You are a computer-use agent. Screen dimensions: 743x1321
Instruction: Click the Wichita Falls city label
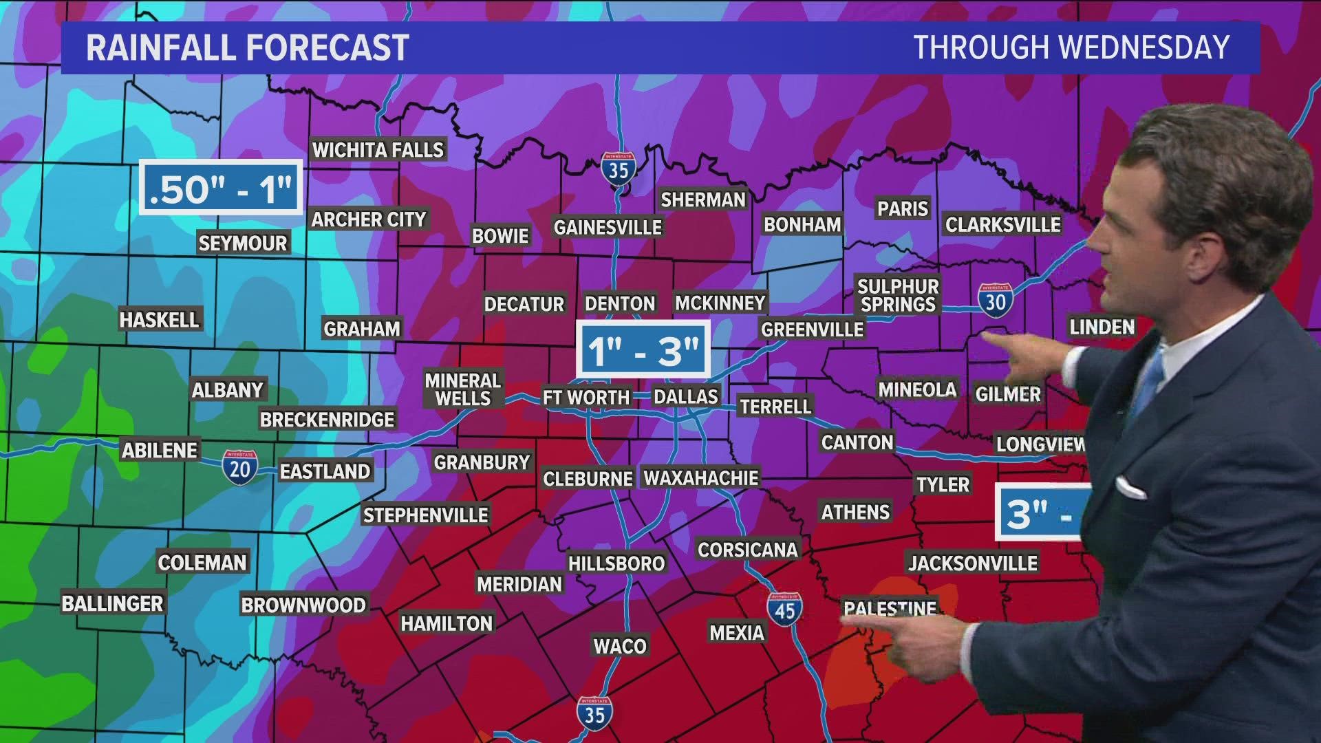coord(378,149)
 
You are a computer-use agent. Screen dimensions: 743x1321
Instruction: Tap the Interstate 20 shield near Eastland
coord(239,466)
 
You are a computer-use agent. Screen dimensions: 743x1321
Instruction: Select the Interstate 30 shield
coord(996,300)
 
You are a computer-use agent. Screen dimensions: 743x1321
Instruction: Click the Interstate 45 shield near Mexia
coord(785,608)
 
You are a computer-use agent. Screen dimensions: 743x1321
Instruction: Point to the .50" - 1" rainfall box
coord(221,187)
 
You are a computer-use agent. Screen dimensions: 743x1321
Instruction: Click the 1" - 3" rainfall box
coord(643,350)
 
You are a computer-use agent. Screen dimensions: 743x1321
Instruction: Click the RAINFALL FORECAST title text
coord(247,47)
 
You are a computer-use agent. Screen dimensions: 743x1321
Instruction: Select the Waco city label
coord(620,645)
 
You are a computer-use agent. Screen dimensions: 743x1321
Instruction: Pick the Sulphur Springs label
coord(898,295)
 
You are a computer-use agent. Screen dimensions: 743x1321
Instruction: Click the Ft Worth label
coord(586,397)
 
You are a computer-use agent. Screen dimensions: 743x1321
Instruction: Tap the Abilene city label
coord(160,451)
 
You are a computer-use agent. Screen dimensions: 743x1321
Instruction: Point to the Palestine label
coord(890,608)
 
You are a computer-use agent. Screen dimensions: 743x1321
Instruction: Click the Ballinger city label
coord(112,603)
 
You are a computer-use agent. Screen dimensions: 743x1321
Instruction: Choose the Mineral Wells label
coord(462,389)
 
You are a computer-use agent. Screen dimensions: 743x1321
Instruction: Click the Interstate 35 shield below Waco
coord(594,713)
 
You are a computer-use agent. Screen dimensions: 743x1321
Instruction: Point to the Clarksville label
coord(1002,224)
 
